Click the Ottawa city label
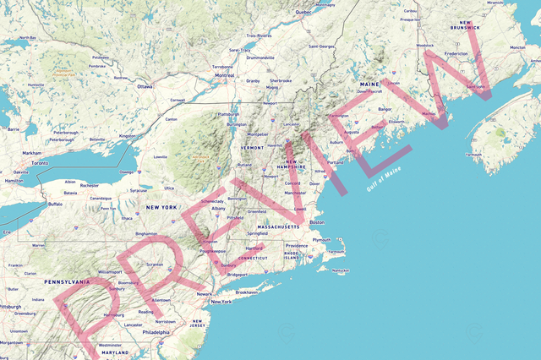pyautogui.click(x=145, y=86)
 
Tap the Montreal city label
pyautogui.click(x=225, y=75)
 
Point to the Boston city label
pyautogui.click(x=317, y=222)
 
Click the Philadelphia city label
pyautogui.click(x=156, y=332)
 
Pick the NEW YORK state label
pyautogui.click(x=161, y=207)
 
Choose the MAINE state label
pyautogui.click(x=369, y=85)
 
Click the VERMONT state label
pyautogui.click(x=253, y=147)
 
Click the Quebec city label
pyautogui.click(x=303, y=13)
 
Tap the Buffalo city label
pyautogui.click(x=56, y=204)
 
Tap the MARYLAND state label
pyautogui.click(x=115, y=352)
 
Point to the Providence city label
pyautogui.click(x=297, y=246)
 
